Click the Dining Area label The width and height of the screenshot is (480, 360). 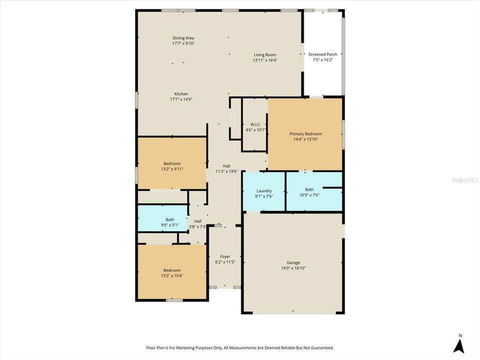point(183,38)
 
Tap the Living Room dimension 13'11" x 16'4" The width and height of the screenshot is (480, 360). point(264,60)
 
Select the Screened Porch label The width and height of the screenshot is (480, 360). point(322,54)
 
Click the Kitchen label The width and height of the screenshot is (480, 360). point(181,94)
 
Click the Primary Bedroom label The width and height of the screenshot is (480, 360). point(305,134)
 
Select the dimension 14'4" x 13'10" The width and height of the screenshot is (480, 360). point(305,139)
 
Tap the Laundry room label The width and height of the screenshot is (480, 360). point(264,190)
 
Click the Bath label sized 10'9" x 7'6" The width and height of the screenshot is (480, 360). point(309,189)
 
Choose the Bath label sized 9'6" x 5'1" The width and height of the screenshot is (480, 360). point(170,219)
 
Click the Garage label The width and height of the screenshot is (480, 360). point(293,262)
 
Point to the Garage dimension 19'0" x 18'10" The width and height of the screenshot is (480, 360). point(293,268)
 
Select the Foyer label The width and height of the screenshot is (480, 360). point(225,256)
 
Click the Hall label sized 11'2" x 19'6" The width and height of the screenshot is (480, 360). point(226,166)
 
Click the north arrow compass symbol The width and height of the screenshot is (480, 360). point(458,345)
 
